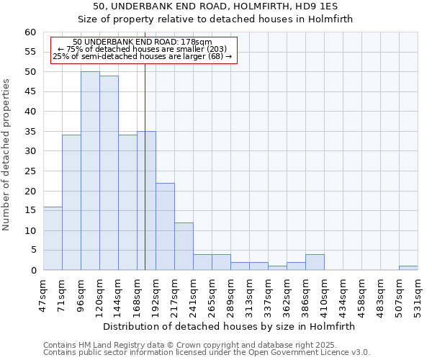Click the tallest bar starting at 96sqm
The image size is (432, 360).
pyautogui.click(x=90, y=171)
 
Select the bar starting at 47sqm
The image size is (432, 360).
pyautogui.click(x=53, y=238)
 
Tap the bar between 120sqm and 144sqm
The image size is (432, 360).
pyautogui.click(x=109, y=173)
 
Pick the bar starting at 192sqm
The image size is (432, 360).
pyautogui.click(x=165, y=226)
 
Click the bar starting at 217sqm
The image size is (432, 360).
pyautogui.click(x=184, y=246)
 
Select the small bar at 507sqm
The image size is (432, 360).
pyautogui.click(x=408, y=268)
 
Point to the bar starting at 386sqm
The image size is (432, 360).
pyautogui.click(x=315, y=262)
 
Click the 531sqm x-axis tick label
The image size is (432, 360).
pyautogui.click(x=418, y=294)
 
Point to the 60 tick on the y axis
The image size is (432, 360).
pyautogui.click(x=30, y=32)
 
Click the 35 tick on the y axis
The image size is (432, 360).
pyautogui.click(x=30, y=132)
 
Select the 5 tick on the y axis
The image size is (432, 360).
pyautogui.click(x=32, y=251)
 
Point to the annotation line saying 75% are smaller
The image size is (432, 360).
pyautogui.click(x=142, y=50)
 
